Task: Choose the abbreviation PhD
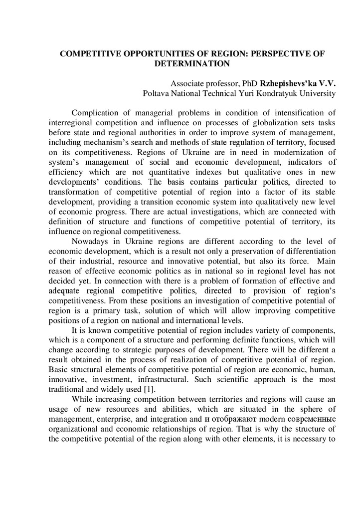pyautogui.click(x=242, y=83)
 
